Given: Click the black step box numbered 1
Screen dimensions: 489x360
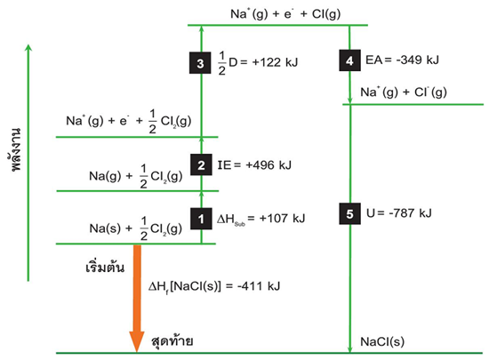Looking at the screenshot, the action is [x=201, y=219].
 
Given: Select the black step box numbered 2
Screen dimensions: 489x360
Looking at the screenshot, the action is [x=201, y=164].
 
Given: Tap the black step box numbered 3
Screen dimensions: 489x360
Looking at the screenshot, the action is [x=200, y=63].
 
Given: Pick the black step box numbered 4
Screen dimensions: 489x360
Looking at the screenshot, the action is [x=350, y=60].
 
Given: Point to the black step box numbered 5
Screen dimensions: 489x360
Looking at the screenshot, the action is [x=350, y=214].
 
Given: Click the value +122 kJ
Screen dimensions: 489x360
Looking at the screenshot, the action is [x=275, y=62].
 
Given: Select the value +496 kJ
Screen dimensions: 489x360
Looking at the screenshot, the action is [x=269, y=164].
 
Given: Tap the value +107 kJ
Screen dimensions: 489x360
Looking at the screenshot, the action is [x=282, y=218].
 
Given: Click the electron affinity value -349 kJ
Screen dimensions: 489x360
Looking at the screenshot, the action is [x=417, y=60].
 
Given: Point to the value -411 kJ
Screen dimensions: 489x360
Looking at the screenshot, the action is [x=259, y=286].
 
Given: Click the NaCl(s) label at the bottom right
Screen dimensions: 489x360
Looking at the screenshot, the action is [x=382, y=341].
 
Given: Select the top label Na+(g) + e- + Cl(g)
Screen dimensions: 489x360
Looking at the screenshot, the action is [x=285, y=14].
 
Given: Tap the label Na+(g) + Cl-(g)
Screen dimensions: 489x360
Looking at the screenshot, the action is [x=404, y=92].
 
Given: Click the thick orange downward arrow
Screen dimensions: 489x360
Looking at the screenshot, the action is [x=137, y=299].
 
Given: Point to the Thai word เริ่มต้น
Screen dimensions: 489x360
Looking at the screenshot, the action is [x=105, y=267].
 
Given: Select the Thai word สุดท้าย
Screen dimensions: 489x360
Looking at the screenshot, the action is [x=172, y=341].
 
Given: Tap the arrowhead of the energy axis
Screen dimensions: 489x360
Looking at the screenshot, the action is [x=28, y=47].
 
